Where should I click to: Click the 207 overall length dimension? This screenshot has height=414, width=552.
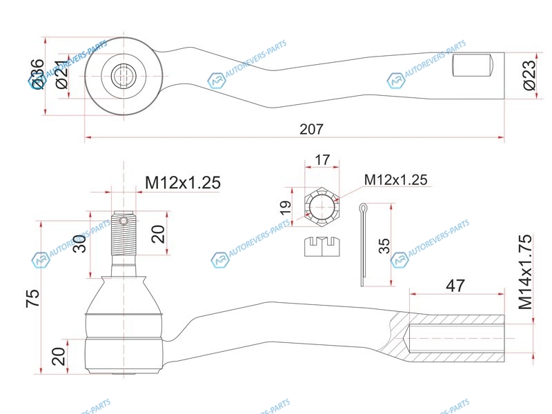pyautogui.click(x=311, y=129)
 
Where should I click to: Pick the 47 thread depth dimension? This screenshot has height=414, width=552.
pyautogui.click(x=455, y=285)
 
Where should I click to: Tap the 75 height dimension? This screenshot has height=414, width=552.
pyautogui.click(x=32, y=297)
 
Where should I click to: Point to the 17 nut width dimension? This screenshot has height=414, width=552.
pyautogui.click(x=322, y=160)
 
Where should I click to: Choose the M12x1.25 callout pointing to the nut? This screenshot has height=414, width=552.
pyautogui.click(x=395, y=179)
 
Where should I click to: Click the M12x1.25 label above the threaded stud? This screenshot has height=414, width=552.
pyautogui.click(x=182, y=183)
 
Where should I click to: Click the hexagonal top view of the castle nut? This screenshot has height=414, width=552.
pyautogui.click(x=322, y=206)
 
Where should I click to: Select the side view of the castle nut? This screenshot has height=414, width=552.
pyautogui.click(x=322, y=246)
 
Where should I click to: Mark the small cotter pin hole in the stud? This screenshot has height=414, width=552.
pyautogui.click(x=124, y=221)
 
